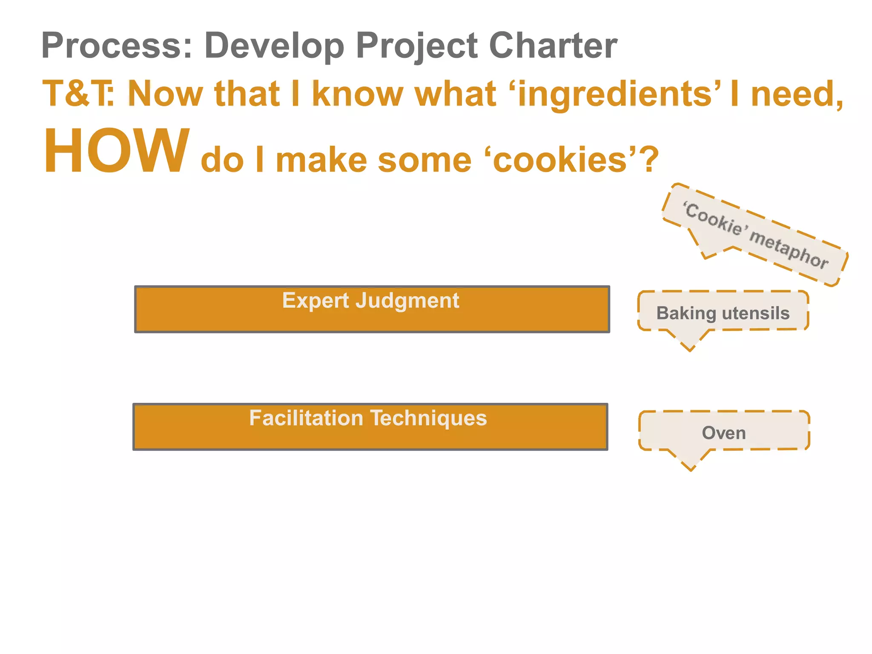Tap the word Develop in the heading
[274, 46]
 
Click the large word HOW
[116, 151]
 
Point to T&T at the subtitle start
[77, 94]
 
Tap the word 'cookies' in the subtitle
[560, 160]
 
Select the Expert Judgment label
[370, 301]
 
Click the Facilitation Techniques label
[368, 418]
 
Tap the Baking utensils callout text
[723, 313]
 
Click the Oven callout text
[724, 433]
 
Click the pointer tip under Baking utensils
[689, 349]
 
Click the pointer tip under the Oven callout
[691, 469]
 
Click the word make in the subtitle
[321, 160]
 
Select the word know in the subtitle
[358, 94]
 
